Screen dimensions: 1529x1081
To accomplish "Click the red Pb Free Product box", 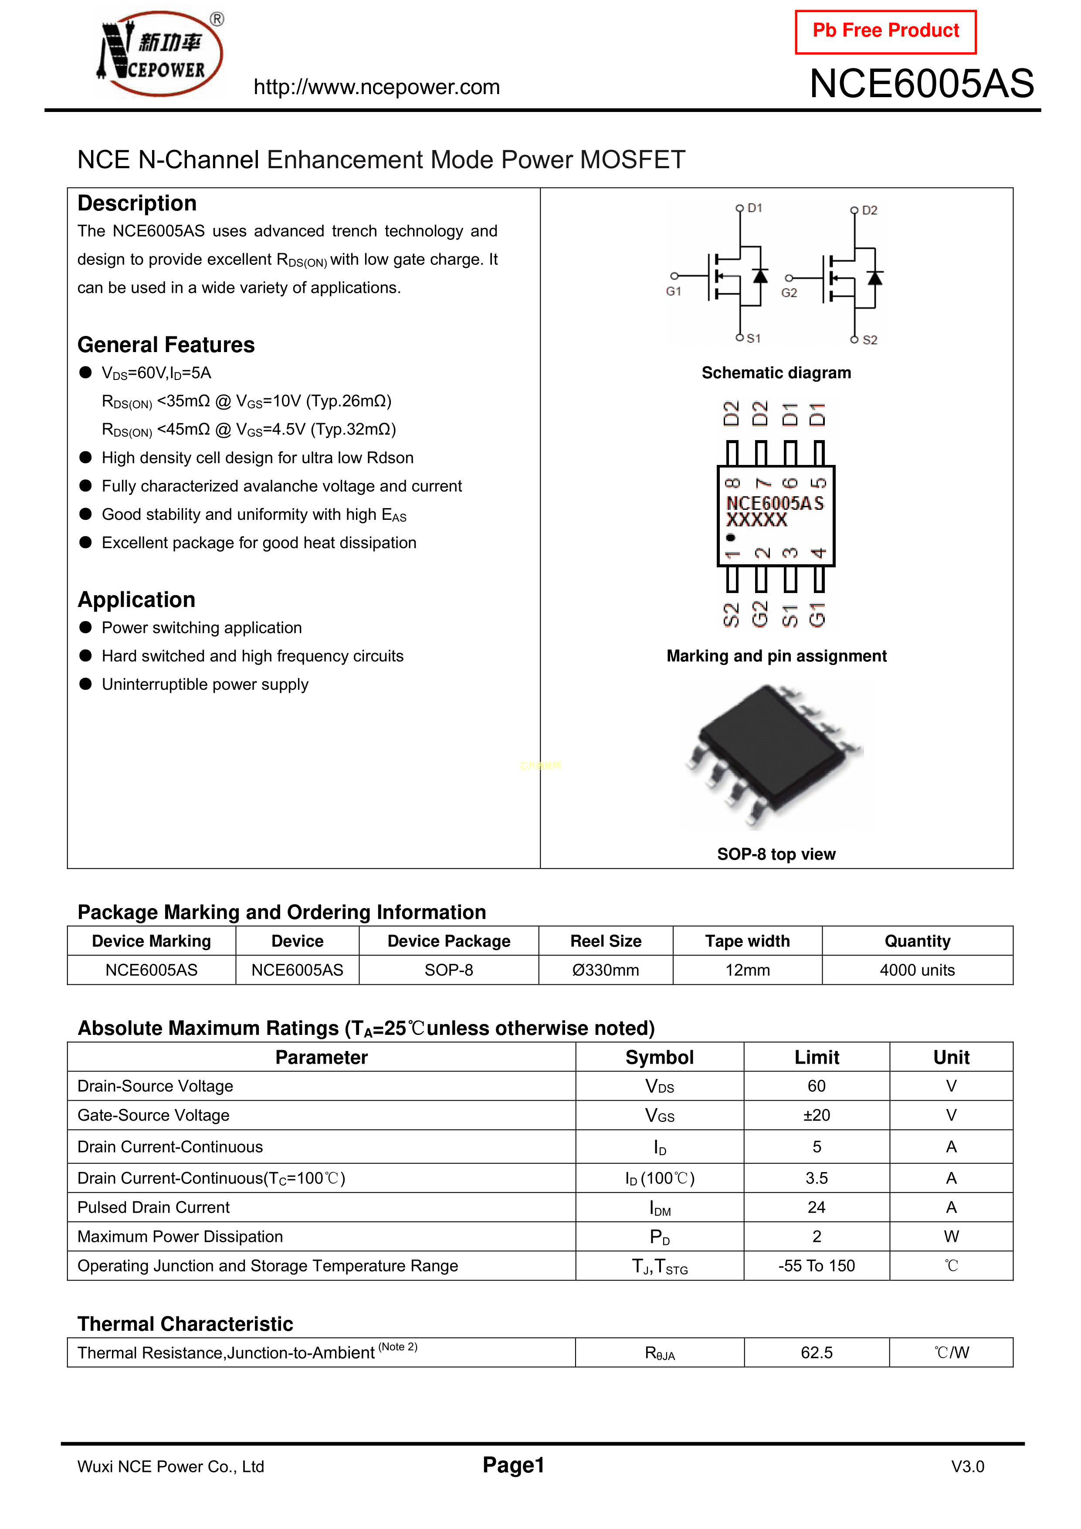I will (885, 31).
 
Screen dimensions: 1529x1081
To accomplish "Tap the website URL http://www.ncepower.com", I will (376, 87).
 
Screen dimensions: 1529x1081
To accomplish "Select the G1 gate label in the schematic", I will (673, 292).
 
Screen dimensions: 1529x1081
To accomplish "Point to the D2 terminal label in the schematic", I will (869, 210).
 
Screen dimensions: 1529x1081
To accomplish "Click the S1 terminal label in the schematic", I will (753, 338).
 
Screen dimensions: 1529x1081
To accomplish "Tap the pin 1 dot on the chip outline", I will (731, 537).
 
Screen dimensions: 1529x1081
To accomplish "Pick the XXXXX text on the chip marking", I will (757, 520).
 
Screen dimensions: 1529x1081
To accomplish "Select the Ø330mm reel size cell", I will (606, 970).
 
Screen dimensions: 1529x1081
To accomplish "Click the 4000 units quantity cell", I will (917, 970).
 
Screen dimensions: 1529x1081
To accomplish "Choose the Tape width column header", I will (747, 941).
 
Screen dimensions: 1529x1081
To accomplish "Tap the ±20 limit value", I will (817, 1115).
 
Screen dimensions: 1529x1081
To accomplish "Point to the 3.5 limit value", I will (817, 1178).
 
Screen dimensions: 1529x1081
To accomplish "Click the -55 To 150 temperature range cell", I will (817, 1265).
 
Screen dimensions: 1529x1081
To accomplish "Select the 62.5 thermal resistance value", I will (817, 1353).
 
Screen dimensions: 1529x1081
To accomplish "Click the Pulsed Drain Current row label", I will (154, 1207).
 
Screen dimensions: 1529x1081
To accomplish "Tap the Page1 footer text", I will (514, 1465).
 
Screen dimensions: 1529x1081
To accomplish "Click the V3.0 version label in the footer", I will (967, 1466).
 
